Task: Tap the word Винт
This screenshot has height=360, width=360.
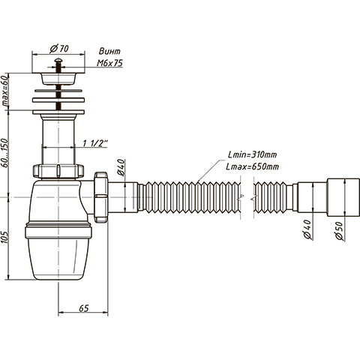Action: [x=109, y=52]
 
